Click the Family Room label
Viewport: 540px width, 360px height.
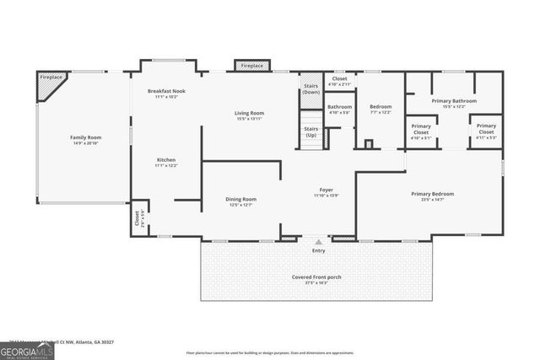[x=85, y=137]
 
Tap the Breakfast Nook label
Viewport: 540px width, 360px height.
[x=165, y=91]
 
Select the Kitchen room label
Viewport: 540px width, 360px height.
[x=165, y=159]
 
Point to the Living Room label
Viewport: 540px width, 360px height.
[x=249, y=113]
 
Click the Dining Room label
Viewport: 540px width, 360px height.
[x=240, y=199]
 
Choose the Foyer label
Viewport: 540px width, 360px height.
[x=325, y=190]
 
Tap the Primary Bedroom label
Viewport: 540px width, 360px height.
[x=432, y=194]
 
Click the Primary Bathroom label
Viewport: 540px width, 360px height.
[x=454, y=101]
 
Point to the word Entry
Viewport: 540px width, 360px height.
[x=318, y=250]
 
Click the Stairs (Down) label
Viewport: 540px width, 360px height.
[x=311, y=89]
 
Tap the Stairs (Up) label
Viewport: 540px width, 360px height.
[x=311, y=132]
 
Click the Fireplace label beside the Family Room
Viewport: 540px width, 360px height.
[x=51, y=78]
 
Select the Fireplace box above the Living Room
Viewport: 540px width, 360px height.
[x=251, y=66]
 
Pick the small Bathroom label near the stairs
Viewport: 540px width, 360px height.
[x=339, y=107]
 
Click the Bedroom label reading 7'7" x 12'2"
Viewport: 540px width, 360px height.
[x=381, y=107]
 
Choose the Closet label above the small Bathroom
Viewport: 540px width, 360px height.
[x=339, y=79]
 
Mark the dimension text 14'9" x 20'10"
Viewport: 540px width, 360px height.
[x=85, y=144]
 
